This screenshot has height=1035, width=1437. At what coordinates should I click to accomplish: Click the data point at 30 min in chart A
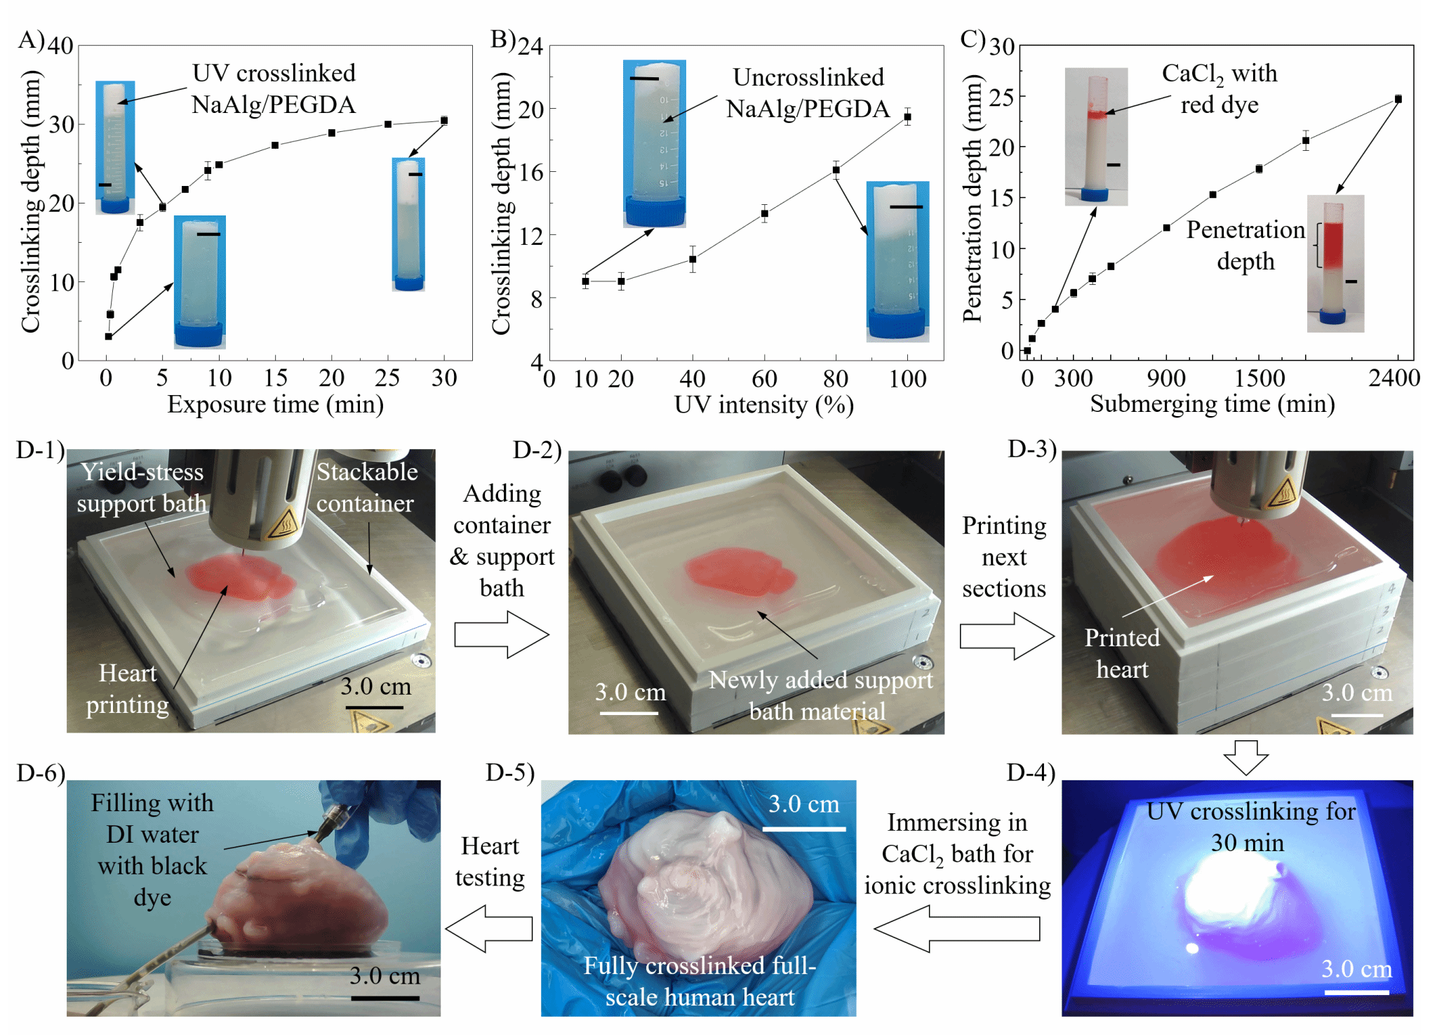point(444,121)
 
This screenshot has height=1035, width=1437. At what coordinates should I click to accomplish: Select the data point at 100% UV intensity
point(907,116)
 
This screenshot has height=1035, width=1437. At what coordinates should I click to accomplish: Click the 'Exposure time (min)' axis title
point(275,404)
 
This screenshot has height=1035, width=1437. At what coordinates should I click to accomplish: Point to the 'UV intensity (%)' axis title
point(763,405)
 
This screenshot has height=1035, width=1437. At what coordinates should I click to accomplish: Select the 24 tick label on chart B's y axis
point(530,46)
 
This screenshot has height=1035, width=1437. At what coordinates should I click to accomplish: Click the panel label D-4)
point(1031,773)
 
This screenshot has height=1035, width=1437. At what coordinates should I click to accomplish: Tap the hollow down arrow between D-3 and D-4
point(1245,757)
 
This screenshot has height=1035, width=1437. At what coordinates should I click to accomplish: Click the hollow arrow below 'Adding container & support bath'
point(501,634)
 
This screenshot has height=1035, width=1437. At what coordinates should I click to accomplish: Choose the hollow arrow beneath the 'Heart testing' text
point(489,928)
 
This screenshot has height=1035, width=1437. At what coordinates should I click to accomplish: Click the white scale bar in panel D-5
point(804,829)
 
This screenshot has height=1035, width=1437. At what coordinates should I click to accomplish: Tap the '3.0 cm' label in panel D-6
point(385,976)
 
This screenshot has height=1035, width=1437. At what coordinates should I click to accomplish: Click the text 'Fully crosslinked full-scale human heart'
point(700,981)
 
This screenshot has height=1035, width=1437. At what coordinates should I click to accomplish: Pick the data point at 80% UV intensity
point(836,170)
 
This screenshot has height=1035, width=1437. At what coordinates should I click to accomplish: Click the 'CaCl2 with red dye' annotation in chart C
point(1219,89)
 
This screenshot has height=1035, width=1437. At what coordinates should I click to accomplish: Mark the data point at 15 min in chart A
point(275,145)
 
